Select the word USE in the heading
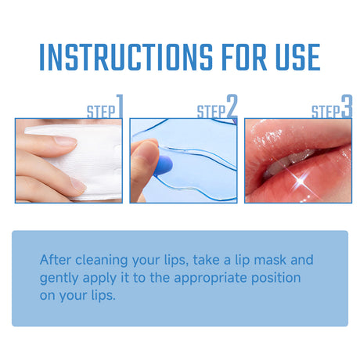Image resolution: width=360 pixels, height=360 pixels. [292, 58]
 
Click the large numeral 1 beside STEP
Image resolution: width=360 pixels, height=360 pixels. [120, 106]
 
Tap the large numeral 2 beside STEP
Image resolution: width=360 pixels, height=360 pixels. [232, 106]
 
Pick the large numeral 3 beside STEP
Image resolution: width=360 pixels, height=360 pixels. [347, 106]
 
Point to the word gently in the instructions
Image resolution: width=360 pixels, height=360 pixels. [59, 278]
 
